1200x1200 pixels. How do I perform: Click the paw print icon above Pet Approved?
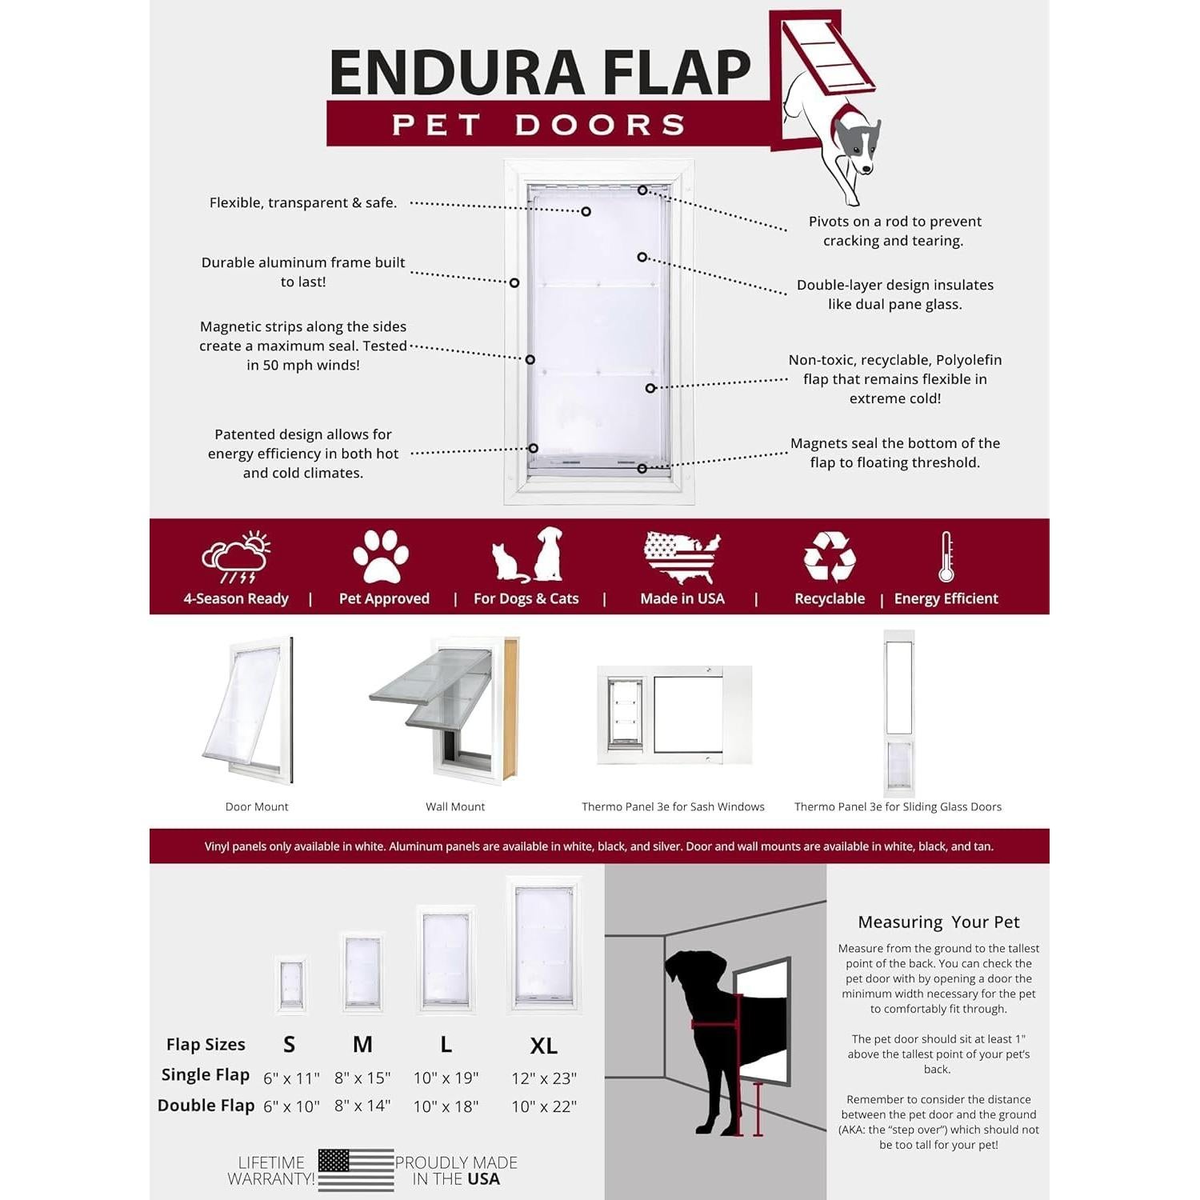[381, 557]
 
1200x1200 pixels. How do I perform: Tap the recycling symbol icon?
[830, 557]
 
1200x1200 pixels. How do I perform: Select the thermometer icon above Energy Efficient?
[946, 557]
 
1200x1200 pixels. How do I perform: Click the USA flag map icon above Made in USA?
[682, 557]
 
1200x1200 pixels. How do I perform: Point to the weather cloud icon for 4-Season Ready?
[236, 557]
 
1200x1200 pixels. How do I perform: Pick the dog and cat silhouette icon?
[528, 555]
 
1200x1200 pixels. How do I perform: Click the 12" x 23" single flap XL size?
[544, 1078]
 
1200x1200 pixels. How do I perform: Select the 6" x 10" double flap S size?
[291, 1106]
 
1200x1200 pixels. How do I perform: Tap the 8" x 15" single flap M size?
[362, 1078]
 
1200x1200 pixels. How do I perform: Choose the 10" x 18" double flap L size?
[446, 1106]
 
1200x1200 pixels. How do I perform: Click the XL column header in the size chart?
[544, 1046]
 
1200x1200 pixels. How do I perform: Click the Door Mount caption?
[257, 806]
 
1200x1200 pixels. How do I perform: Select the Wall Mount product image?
[445, 709]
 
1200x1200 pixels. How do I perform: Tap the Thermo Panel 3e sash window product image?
[674, 714]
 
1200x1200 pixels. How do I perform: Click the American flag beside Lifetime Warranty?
[356, 1170]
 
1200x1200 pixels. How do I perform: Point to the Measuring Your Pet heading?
[938, 922]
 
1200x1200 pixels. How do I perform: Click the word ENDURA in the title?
[457, 73]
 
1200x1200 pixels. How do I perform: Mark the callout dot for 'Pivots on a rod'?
[642, 190]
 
